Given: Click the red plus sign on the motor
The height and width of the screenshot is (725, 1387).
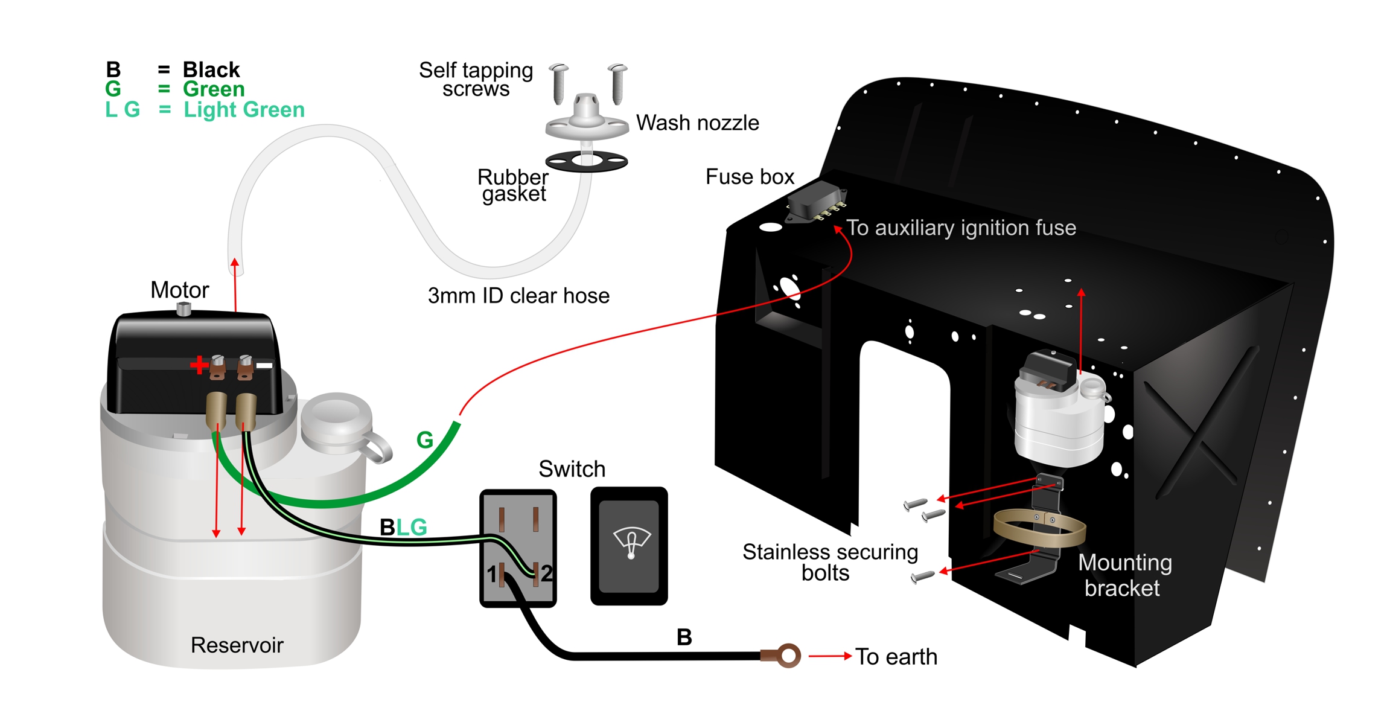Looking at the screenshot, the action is [x=199, y=365].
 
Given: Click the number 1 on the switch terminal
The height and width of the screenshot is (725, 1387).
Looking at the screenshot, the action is [x=491, y=574].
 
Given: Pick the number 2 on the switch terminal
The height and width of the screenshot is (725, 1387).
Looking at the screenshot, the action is [x=546, y=573].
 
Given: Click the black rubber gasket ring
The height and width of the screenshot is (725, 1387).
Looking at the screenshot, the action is [x=586, y=161].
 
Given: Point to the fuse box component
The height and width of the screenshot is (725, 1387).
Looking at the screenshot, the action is [x=816, y=201].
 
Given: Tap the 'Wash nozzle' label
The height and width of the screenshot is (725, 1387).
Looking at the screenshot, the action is [x=697, y=123].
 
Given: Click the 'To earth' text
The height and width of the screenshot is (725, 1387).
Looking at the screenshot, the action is [x=896, y=657].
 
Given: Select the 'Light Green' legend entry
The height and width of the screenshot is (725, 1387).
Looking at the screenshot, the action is [x=244, y=110].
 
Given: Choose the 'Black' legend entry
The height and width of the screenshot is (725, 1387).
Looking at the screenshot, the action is [x=211, y=70].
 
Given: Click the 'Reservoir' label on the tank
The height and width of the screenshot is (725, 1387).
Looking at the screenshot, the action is [x=237, y=645].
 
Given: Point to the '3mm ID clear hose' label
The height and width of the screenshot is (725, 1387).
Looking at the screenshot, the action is [x=518, y=296].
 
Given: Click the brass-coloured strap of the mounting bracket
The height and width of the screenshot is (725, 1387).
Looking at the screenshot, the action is [x=1039, y=529].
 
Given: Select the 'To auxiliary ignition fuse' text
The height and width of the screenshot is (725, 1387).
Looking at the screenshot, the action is [x=961, y=228].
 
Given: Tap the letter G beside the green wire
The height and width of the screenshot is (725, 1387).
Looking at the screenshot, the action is [x=425, y=440].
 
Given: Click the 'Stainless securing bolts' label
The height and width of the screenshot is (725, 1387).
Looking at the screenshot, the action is [x=830, y=562].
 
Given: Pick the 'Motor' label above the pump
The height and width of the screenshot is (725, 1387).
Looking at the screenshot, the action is [x=179, y=290].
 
